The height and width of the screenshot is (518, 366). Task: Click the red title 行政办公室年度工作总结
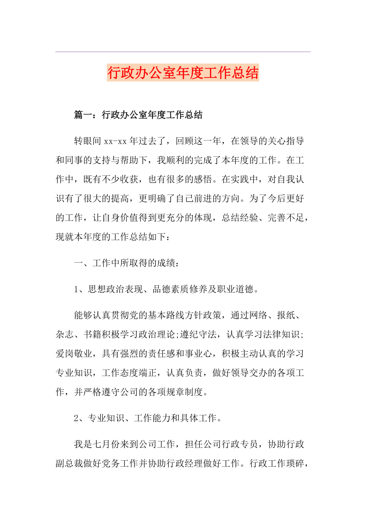[x=183, y=73]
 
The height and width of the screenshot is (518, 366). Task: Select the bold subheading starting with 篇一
[x=138, y=115]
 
